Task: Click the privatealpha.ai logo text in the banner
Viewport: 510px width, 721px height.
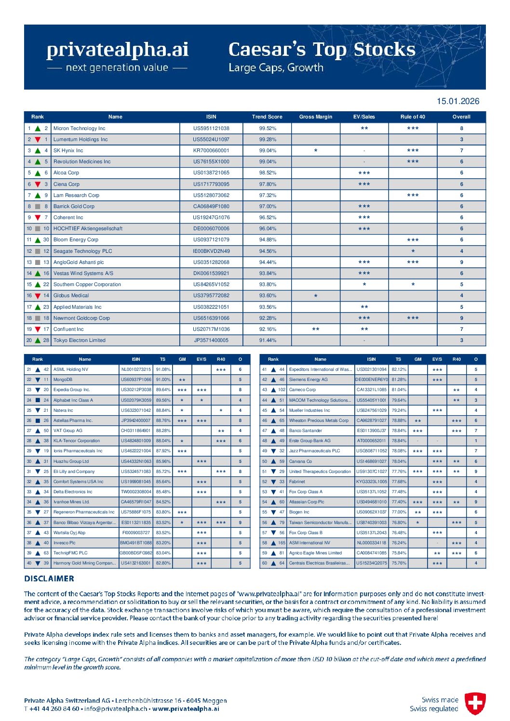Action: pos(117,50)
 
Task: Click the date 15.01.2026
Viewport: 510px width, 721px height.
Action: pos(457,101)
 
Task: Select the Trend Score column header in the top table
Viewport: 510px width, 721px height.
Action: pos(267,117)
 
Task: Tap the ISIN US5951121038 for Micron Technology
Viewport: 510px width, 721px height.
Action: pos(211,129)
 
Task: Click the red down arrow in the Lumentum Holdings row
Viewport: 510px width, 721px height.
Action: pos(38,140)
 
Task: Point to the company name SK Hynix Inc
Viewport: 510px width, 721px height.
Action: pos(68,151)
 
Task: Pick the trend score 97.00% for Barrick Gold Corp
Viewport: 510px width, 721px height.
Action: pos(268,206)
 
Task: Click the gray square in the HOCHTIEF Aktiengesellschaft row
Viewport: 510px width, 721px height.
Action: pos(38,229)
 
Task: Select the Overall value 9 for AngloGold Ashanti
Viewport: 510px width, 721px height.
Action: pos(461,262)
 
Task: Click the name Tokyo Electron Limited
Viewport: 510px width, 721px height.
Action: pos(80,340)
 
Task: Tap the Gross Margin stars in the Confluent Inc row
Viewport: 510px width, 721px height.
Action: pos(316,329)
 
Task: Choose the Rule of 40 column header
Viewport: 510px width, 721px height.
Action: pos(413,117)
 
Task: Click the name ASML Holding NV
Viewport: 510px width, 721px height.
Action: pos(71,369)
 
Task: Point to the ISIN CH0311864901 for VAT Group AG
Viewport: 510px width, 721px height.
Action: pos(136,431)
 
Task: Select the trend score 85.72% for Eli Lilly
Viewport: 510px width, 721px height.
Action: pos(163,472)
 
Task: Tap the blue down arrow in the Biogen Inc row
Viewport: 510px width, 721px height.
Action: pos(273,512)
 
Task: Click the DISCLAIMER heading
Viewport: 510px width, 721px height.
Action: pos(49,578)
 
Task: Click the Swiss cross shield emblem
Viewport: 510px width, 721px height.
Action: pos(475,703)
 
